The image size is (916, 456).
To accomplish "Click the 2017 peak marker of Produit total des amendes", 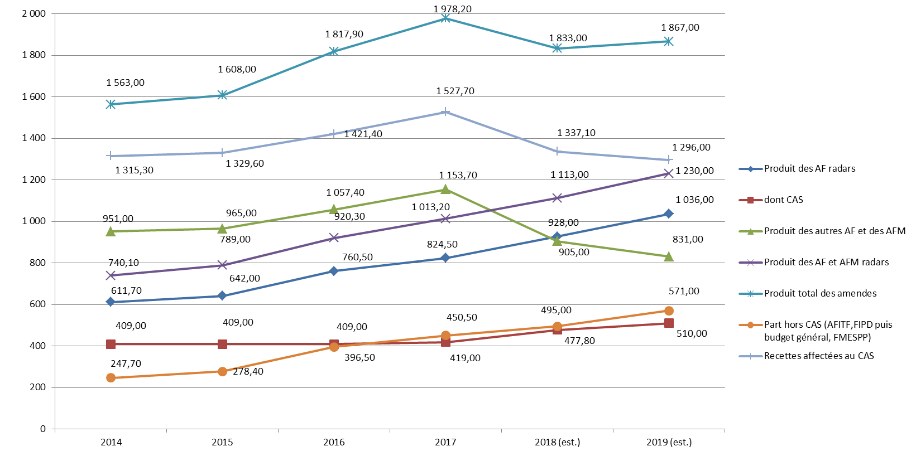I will click(445, 18).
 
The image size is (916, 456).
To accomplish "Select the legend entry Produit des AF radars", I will click(809, 169).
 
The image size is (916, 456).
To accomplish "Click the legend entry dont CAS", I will click(783, 200).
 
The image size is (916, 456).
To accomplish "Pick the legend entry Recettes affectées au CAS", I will click(818, 356).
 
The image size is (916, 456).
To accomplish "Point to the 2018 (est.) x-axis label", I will click(557, 442).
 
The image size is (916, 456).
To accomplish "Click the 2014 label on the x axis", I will click(111, 442).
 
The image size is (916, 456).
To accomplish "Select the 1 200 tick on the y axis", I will click(34, 180).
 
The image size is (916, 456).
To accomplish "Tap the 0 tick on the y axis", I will click(43, 429).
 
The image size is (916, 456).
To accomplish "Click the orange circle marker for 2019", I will click(669, 311).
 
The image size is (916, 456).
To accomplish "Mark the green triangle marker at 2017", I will click(445, 190).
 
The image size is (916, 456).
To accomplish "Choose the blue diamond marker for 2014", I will click(111, 302).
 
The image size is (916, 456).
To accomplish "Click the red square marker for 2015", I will click(222, 344).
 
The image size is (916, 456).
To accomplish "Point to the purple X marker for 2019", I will click(669, 174).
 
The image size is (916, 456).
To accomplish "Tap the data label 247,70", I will click(126, 363).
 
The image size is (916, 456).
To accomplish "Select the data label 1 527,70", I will click(455, 91).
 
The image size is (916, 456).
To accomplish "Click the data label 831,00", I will click(688, 239).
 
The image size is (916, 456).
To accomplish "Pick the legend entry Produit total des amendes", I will click(820, 294).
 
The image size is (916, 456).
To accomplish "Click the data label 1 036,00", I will click(694, 200).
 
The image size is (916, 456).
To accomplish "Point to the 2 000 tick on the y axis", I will click(34, 14).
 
